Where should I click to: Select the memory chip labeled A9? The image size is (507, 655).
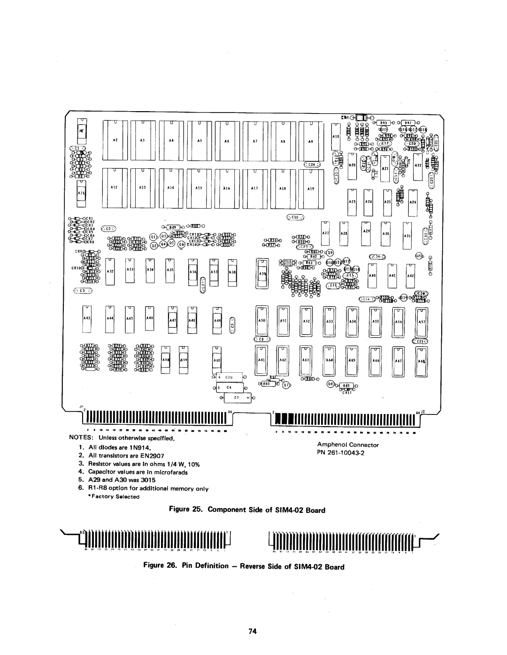click(310, 141)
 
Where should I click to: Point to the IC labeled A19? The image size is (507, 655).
click(310, 188)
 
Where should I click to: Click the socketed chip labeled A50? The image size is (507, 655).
click(261, 322)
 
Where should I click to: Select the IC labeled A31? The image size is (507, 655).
click(407, 237)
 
